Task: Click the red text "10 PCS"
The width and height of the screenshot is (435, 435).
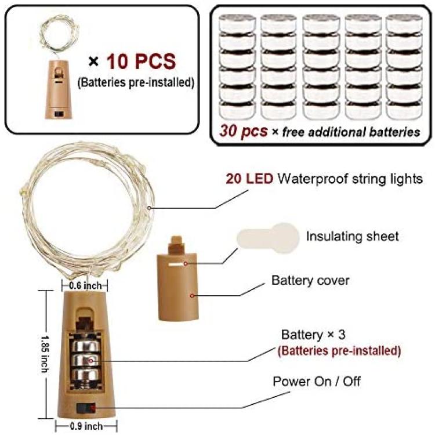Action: [141, 61]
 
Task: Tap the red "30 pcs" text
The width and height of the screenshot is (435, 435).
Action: [243, 131]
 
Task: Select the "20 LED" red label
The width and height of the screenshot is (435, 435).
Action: [249, 179]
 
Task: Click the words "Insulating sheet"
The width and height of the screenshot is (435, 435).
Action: [352, 237]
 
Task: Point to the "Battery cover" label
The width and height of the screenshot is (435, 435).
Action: [310, 280]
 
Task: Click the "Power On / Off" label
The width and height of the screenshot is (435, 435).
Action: [317, 382]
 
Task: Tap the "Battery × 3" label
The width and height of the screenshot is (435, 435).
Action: [313, 335]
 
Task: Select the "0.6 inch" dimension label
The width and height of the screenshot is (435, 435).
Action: [85, 286]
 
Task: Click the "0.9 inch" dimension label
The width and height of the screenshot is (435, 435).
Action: [86, 426]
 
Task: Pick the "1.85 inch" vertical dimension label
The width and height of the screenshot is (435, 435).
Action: [45, 354]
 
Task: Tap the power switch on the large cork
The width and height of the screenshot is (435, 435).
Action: [86, 408]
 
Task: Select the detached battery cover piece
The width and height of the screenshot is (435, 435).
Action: [178, 278]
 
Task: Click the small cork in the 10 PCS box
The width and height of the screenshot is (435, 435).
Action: [58, 89]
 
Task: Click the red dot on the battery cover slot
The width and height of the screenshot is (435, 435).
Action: [186, 263]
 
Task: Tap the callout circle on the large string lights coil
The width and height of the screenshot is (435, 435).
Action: [149, 208]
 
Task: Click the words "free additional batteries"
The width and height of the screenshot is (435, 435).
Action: [351, 132]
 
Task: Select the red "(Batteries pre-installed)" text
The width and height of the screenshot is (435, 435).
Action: [339, 351]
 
